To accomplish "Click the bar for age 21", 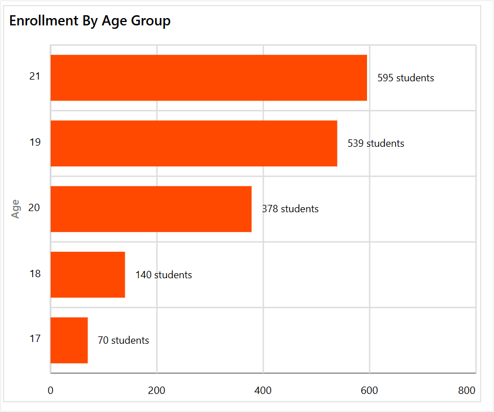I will (x=208, y=78).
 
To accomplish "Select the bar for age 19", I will (x=194, y=143).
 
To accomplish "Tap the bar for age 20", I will (x=151, y=209).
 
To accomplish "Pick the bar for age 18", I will (x=88, y=274).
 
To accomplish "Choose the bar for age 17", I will (x=69, y=340).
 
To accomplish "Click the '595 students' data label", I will (x=405, y=78).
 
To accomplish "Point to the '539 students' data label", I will (x=375, y=143).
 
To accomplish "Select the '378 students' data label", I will (x=290, y=209).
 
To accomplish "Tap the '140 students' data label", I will (x=163, y=275).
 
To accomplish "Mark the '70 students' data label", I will (x=123, y=340).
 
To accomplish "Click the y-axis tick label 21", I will (x=34, y=76).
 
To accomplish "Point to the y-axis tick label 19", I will (x=34, y=142).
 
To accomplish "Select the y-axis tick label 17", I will (x=34, y=339).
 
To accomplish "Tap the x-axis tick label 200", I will (x=156, y=391).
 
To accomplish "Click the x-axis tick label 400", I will (x=263, y=391).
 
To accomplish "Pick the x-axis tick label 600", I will (x=369, y=391).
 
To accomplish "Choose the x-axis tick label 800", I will (x=466, y=391).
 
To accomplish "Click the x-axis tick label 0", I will (x=50, y=391).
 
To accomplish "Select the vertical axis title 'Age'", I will (x=16, y=209).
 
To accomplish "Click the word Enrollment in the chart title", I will (x=43, y=21).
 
